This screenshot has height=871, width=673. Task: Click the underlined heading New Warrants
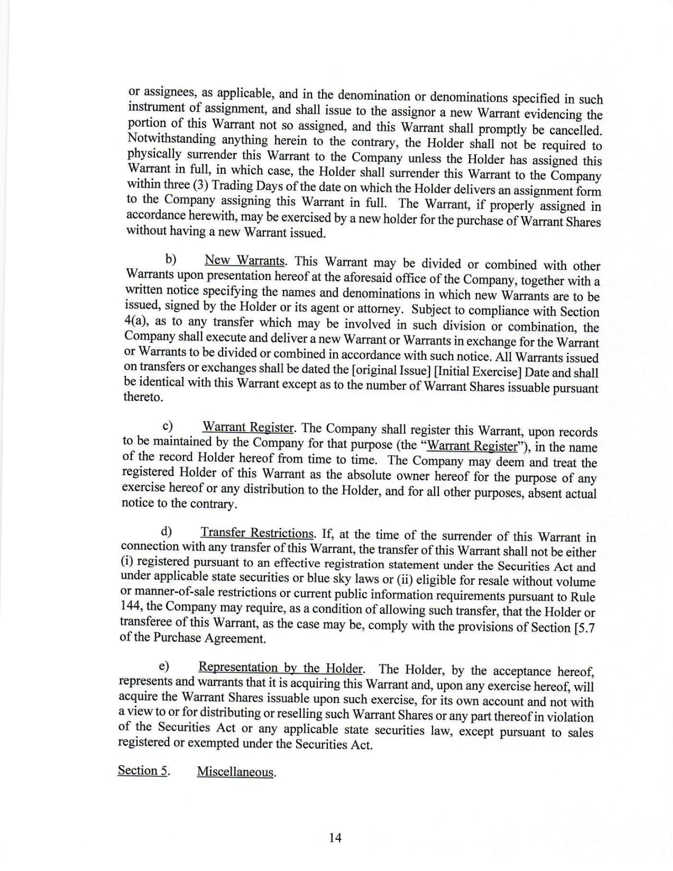pos(245,261)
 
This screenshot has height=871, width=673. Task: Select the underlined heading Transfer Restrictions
pos(257,533)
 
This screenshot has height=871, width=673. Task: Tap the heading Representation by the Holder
pos(281,668)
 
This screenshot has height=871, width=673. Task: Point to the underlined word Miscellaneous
pos(236,772)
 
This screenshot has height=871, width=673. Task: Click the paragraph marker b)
pos(171,259)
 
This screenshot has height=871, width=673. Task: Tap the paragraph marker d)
pos(166,532)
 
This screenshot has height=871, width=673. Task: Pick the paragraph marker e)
pos(164,666)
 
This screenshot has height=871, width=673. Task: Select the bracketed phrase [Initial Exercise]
pos(477,373)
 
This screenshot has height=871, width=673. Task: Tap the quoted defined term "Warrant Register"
pos(473,446)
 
